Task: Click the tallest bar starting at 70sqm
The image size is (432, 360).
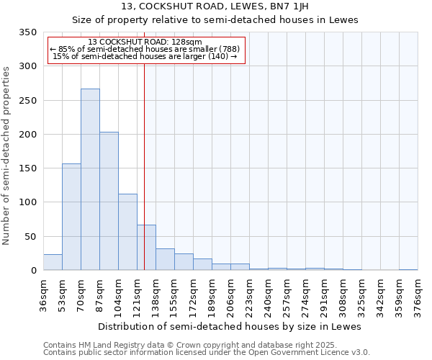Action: [x=90, y=180]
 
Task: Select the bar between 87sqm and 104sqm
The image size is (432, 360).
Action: [x=109, y=202]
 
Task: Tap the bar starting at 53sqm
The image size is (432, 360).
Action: [x=71, y=217]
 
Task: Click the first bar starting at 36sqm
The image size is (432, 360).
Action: [x=53, y=262]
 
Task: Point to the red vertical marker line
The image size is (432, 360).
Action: [x=145, y=158]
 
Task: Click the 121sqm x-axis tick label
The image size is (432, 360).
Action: [x=137, y=294]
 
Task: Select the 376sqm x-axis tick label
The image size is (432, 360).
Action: [x=418, y=294]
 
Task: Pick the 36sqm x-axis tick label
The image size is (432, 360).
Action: [x=43, y=294]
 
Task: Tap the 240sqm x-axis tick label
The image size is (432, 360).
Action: [x=268, y=294]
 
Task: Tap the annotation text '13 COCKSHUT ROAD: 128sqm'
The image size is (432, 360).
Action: [x=145, y=42]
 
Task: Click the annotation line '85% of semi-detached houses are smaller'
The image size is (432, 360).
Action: [x=145, y=50]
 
